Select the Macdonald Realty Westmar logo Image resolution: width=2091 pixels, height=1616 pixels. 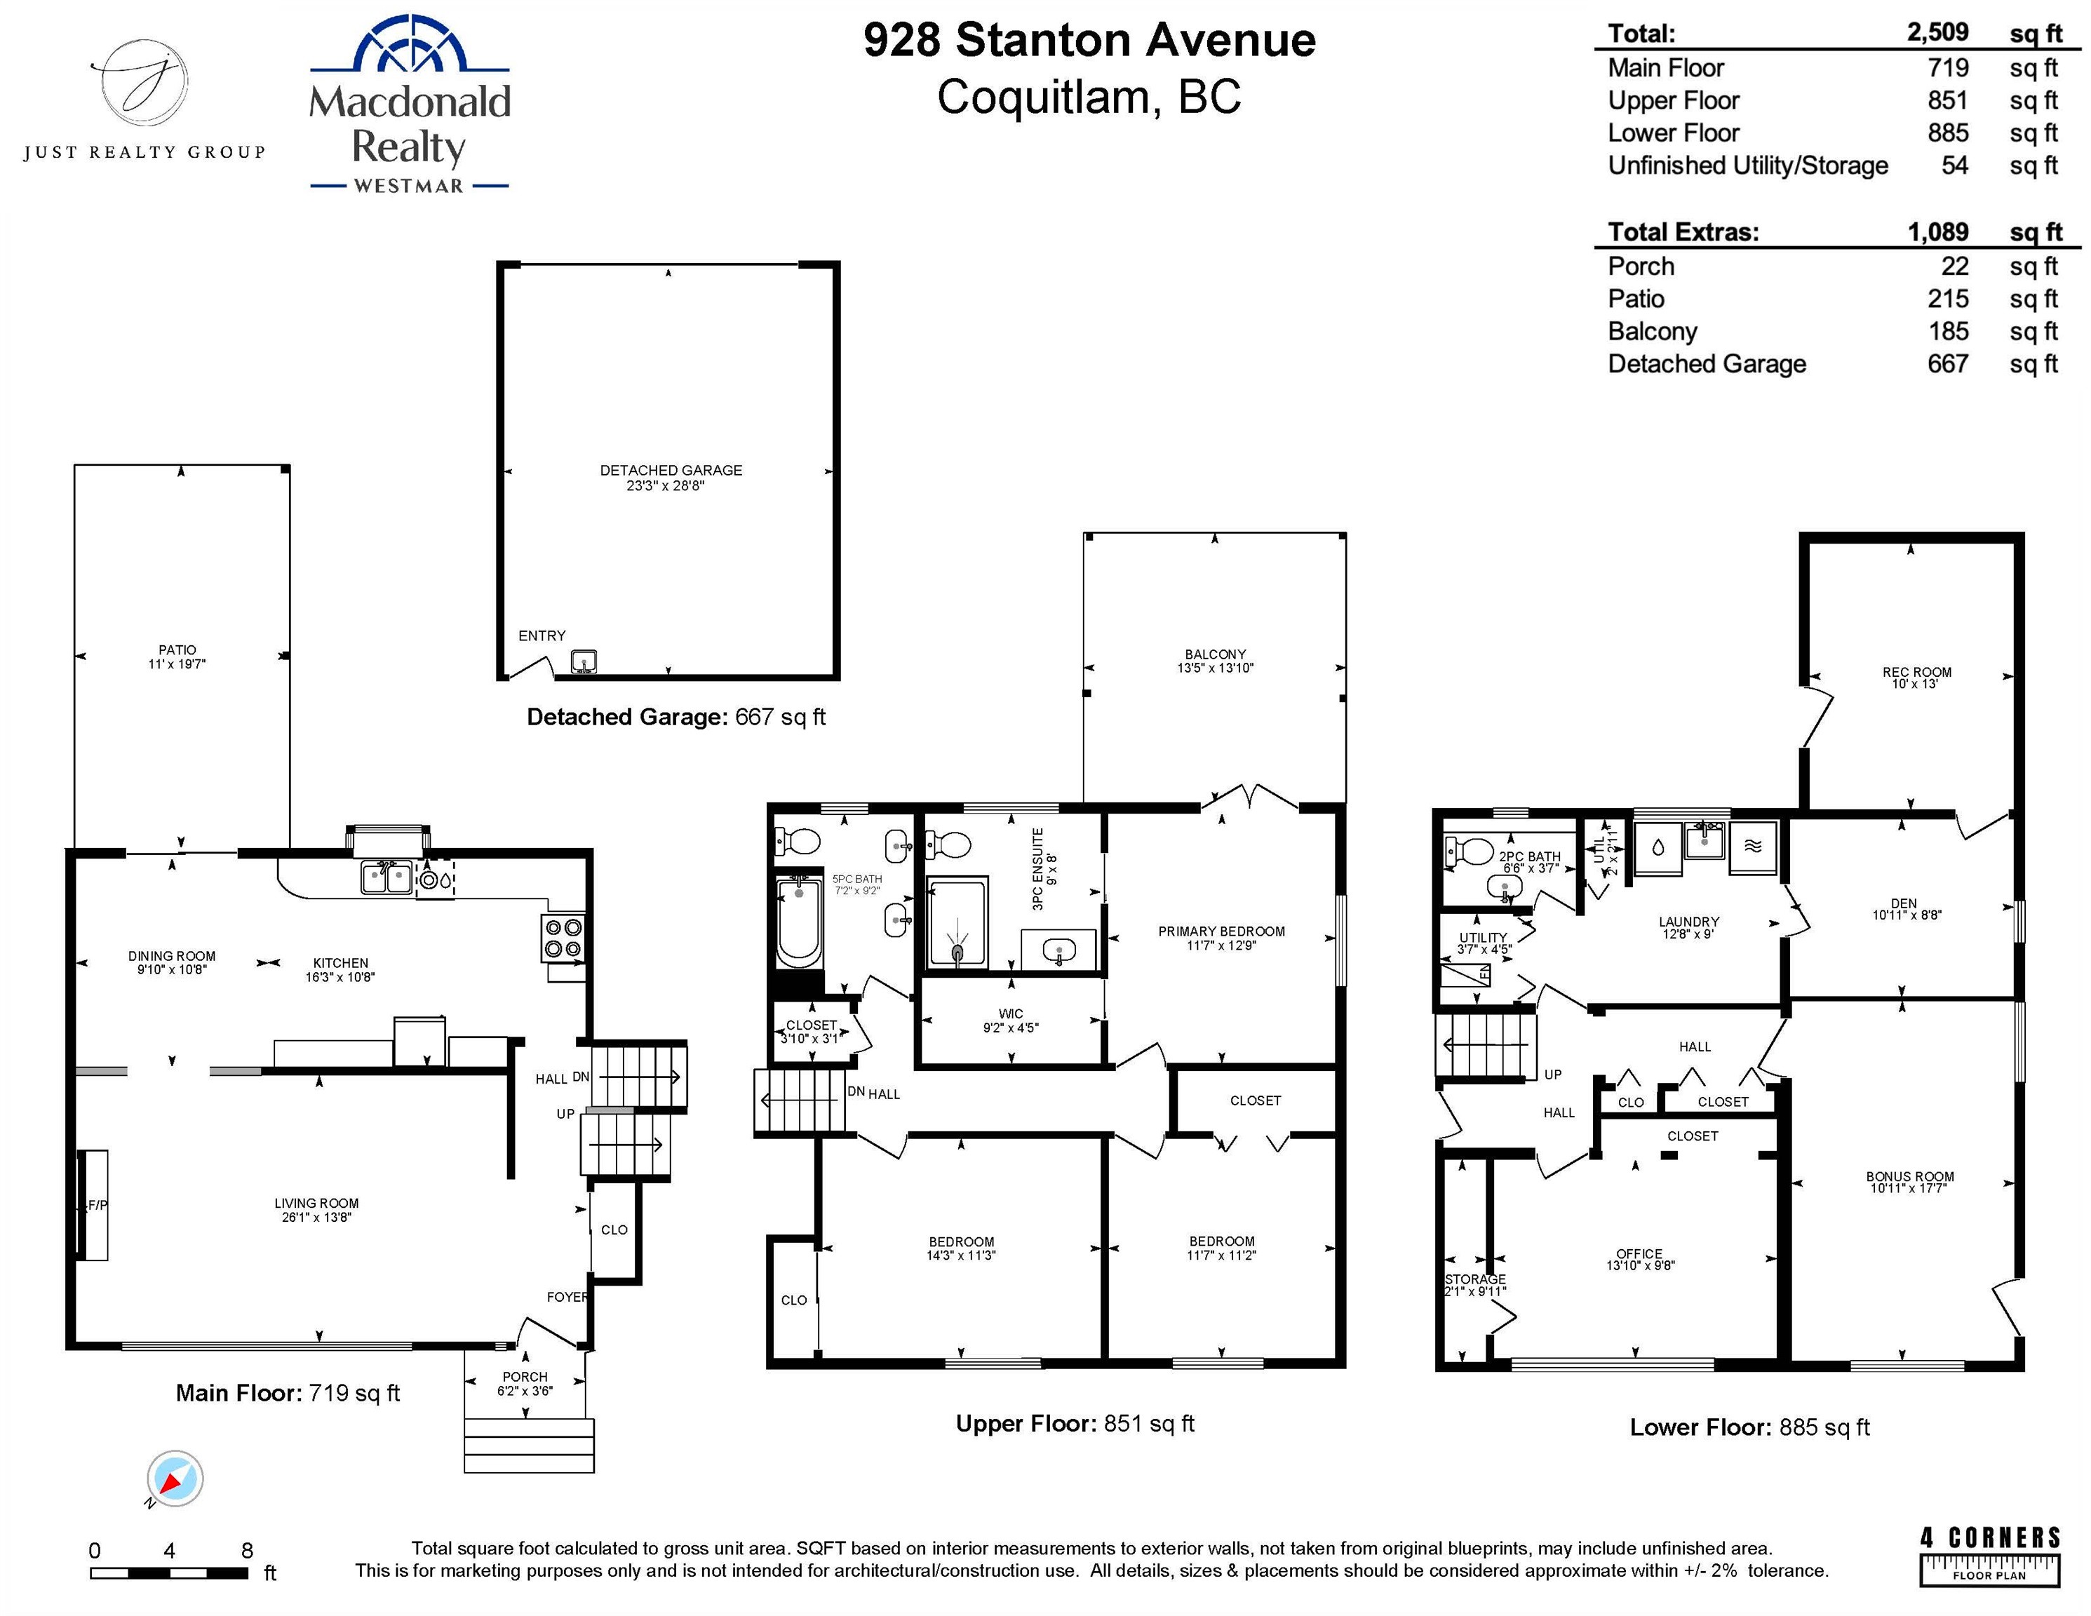(x=410, y=105)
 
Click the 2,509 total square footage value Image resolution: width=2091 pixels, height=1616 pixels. (x=1937, y=32)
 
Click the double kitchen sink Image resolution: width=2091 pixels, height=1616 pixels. (x=386, y=877)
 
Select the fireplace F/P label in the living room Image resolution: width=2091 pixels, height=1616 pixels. (x=97, y=1205)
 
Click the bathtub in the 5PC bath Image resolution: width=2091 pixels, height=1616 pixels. (x=798, y=922)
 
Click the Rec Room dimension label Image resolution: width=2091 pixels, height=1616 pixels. (x=1916, y=684)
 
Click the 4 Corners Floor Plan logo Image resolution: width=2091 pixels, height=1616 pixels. (x=1989, y=1556)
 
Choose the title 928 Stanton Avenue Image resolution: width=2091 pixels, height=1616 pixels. (x=1089, y=40)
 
